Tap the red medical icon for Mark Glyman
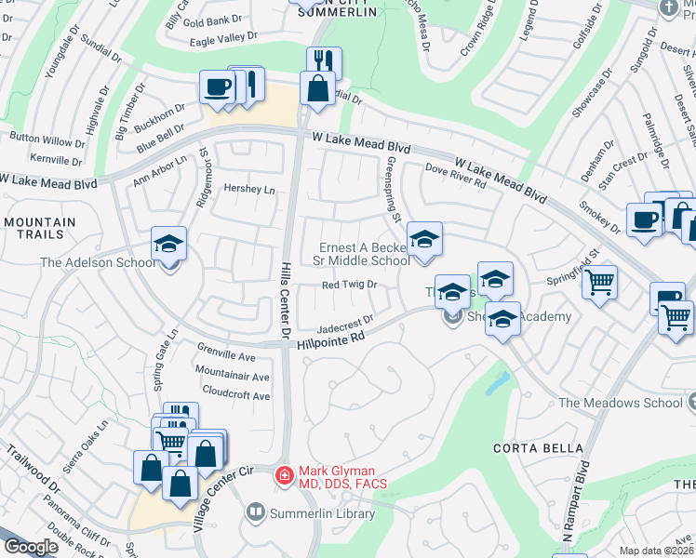[x=284, y=476]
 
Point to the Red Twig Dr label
[x=349, y=285]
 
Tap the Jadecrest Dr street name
[x=345, y=323]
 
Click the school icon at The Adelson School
[x=168, y=244]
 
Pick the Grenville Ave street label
[x=226, y=356]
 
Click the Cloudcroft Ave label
[x=235, y=394]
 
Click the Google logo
[x=31, y=547]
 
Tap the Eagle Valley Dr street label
[x=223, y=37]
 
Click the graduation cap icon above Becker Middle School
[x=423, y=240]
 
